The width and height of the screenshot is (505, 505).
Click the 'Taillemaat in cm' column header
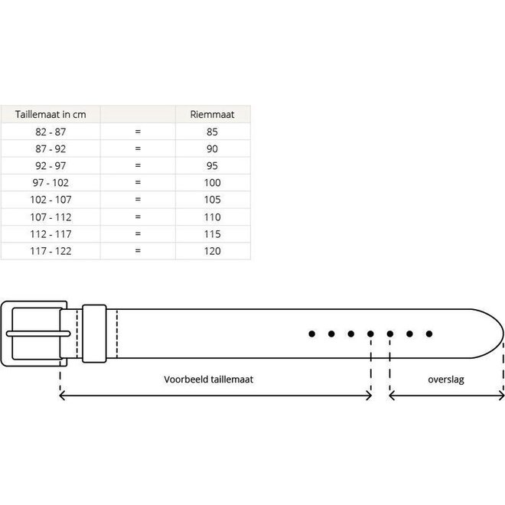pyautogui.click(x=50, y=114)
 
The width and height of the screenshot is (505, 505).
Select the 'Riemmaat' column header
pyautogui.click(x=213, y=114)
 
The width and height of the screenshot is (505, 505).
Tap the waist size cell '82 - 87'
pyautogui.click(x=50, y=132)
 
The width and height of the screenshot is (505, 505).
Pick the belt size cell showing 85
pyautogui.click(x=213, y=132)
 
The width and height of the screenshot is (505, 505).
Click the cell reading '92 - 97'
pyautogui.click(x=50, y=165)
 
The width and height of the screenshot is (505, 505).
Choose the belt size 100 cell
pyautogui.click(x=213, y=182)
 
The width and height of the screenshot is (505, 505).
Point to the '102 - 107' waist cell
pyautogui.click(x=50, y=200)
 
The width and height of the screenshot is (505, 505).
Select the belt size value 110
pyautogui.click(x=213, y=217)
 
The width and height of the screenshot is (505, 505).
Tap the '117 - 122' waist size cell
pyautogui.click(x=50, y=250)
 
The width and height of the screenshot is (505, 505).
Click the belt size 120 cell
pyautogui.click(x=213, y=250)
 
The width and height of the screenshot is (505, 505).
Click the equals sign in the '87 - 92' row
pyautogui.click(x=138, y=148)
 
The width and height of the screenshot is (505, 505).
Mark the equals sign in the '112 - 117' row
pyautogui.click(x=138, y=233)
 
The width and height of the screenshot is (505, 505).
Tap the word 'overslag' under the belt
pyautogui.click(x=447, y=379)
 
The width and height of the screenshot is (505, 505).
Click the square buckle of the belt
pyautogui.click(x=35, y=334)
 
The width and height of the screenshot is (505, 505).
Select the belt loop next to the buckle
pyautogui.click(x=95, y=334)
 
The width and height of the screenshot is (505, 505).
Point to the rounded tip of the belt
pyautogui.click(x=494, y=334)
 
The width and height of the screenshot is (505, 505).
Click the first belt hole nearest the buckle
pyautogui.click(x=311, y=334)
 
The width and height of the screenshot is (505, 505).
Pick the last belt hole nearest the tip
pyautogui.click(x=429, y=334)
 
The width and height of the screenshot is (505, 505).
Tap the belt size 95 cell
pyautogui.click(x=213, y=165)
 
